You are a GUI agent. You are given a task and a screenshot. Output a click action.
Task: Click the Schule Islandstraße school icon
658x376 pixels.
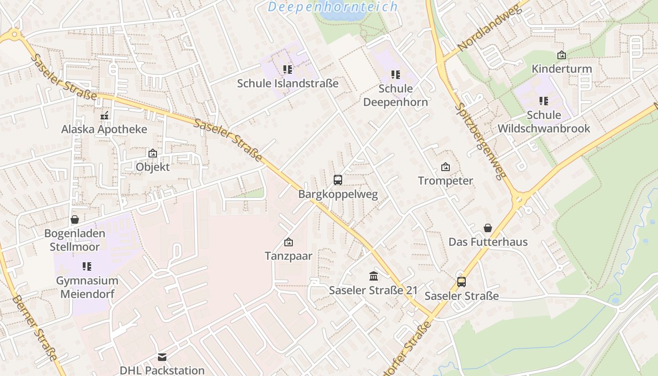288,70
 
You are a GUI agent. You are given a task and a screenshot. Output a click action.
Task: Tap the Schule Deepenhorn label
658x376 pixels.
395,95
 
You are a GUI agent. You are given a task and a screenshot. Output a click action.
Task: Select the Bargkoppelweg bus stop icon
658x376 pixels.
337,180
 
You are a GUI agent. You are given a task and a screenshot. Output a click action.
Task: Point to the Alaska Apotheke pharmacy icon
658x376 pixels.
104,116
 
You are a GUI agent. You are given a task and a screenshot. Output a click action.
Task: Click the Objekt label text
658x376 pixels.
152,167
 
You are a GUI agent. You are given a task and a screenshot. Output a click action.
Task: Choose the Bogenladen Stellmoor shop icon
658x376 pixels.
74,219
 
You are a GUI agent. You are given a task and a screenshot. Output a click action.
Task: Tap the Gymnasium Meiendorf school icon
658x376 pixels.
87,266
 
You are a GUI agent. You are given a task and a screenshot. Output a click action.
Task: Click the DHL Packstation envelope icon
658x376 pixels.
162,357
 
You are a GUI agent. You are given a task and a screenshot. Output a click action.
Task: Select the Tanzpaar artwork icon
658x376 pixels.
289,243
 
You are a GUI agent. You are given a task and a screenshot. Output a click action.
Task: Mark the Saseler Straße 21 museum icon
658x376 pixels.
374,276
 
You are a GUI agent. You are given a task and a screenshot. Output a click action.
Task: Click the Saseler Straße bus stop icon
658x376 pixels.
462,282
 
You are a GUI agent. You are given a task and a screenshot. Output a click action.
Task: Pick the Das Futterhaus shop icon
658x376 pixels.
488,228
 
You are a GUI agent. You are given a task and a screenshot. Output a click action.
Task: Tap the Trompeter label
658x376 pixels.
446,181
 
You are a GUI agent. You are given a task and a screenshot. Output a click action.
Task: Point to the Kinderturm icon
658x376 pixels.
561,55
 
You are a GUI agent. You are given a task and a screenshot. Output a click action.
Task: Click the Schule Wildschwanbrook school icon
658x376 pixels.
544,101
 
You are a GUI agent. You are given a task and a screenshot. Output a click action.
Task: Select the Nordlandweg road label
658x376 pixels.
489,29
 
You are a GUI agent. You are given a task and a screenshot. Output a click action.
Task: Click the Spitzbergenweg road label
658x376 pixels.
480,141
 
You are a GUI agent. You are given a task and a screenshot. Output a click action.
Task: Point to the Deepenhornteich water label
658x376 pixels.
333,7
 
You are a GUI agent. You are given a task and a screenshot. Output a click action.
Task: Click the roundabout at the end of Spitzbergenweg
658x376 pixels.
519,200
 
